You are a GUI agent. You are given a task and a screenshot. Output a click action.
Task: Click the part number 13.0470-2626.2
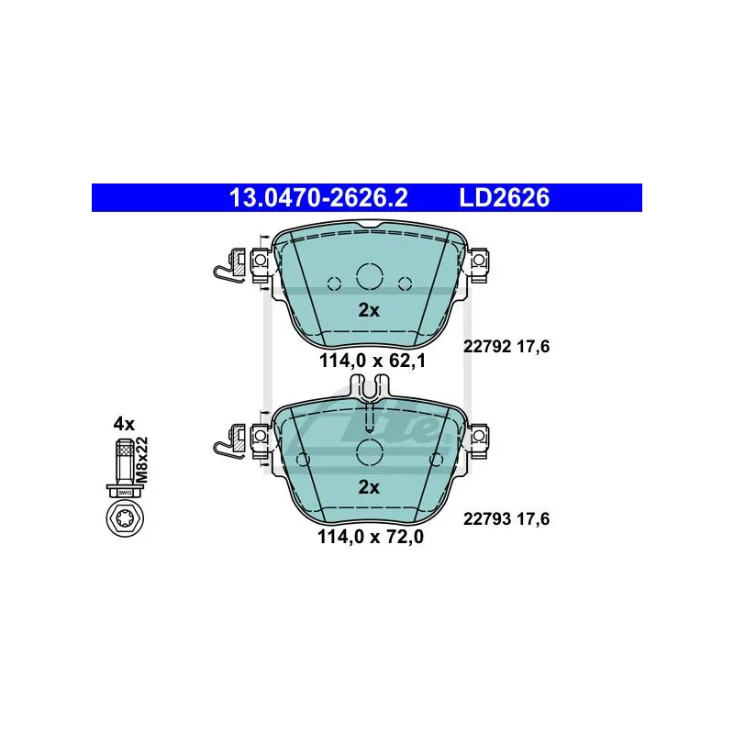coord(318,197)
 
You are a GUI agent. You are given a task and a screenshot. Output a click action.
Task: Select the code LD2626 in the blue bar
coord(504,197)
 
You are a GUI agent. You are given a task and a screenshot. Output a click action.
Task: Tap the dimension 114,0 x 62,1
coord(373,361)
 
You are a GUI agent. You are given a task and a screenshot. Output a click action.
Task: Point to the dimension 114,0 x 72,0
coord(371,537)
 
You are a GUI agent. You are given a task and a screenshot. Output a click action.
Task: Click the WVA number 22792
coord(487,347)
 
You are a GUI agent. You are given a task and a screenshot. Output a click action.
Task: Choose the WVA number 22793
coord(487,519)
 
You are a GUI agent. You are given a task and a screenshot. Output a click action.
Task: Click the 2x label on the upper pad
coord(369,310)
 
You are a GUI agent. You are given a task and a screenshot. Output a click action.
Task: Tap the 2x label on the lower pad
coord(369,487)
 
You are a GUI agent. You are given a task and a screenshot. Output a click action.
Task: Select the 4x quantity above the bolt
coord(124,424)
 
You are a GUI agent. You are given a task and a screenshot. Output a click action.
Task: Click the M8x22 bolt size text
coord(141,460)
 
